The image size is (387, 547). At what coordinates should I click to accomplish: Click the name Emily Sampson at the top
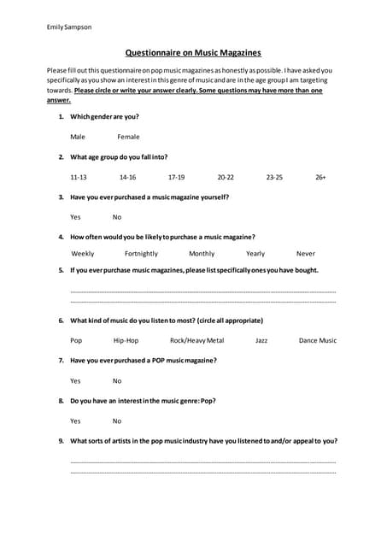[x=69, y=27]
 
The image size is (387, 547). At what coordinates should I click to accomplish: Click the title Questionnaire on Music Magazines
[x=193, y=52]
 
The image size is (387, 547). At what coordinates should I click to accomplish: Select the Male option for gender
[x=78, y=137]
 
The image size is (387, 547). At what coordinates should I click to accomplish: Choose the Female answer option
[x=128, y=137]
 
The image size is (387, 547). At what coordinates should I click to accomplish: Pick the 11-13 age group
[x=79, y=177]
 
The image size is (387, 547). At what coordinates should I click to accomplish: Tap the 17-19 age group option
[x=176, y=177]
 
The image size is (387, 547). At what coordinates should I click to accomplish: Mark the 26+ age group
[x=320, y=177]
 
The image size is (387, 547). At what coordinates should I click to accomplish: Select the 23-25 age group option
[x=274, y=177]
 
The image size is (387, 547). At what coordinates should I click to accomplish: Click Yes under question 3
[x=75, y=217]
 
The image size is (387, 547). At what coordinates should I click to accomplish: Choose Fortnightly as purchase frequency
[x=141, y=254]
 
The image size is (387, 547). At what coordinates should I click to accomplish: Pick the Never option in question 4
[x=306, y=254]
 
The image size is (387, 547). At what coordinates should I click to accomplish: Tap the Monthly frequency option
[x=202, y=254]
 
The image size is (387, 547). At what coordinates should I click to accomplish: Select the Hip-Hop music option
[x=126, y=340]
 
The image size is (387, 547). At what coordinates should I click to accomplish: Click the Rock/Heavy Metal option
[x=196, y=340]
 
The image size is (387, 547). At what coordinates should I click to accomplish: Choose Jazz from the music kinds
[x=261, y=340]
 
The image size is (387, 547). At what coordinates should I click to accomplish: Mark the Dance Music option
[x=318, y=340]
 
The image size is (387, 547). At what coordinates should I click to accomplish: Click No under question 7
[x=117, y=381]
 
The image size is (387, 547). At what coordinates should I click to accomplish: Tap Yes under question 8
[x=75, y=421]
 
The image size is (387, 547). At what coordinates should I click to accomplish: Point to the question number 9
[x=61, y=441]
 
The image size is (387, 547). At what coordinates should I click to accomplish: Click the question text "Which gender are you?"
[x=104, y=116]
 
